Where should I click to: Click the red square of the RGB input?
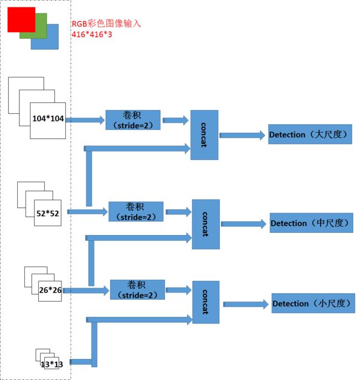[x=22, y=19]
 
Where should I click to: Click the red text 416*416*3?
[x=92, y=34]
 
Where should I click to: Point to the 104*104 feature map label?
[x=48, y=118]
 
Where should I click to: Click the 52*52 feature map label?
[x=48, y=214]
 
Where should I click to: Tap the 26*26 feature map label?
[x=50, y=290]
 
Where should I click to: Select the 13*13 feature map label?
[x=52, y=365]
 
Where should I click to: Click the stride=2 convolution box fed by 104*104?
[x=133, y=120]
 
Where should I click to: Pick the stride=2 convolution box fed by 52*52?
[x=136, y=211]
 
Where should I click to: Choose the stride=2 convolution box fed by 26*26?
[x=137, y=290]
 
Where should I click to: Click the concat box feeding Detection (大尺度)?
[x=204, y=135]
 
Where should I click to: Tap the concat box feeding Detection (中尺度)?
[x=206, y=225]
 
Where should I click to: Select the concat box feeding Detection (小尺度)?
[x=206, y=302]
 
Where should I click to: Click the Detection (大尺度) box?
[x=310, y=134]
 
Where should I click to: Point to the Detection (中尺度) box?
[x=311, y=223]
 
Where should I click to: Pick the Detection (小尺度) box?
[x=313, y=303]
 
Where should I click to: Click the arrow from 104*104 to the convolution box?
[x=85, y=120]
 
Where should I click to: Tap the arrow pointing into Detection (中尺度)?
[x=244, y=224]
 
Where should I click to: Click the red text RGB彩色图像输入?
[x=106, y=24]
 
